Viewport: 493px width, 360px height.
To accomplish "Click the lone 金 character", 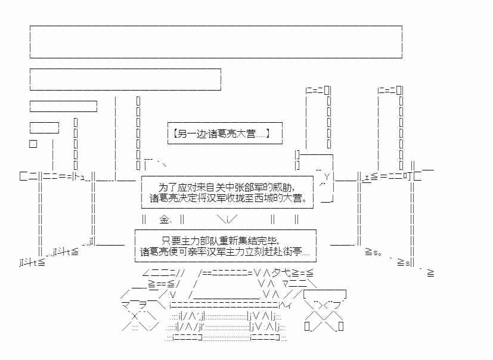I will pos(165,219).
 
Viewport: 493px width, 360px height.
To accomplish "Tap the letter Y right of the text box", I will pos(327,176).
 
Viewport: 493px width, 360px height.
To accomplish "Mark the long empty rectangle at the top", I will pos(216,42).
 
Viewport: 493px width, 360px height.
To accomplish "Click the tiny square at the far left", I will pos(33,144).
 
